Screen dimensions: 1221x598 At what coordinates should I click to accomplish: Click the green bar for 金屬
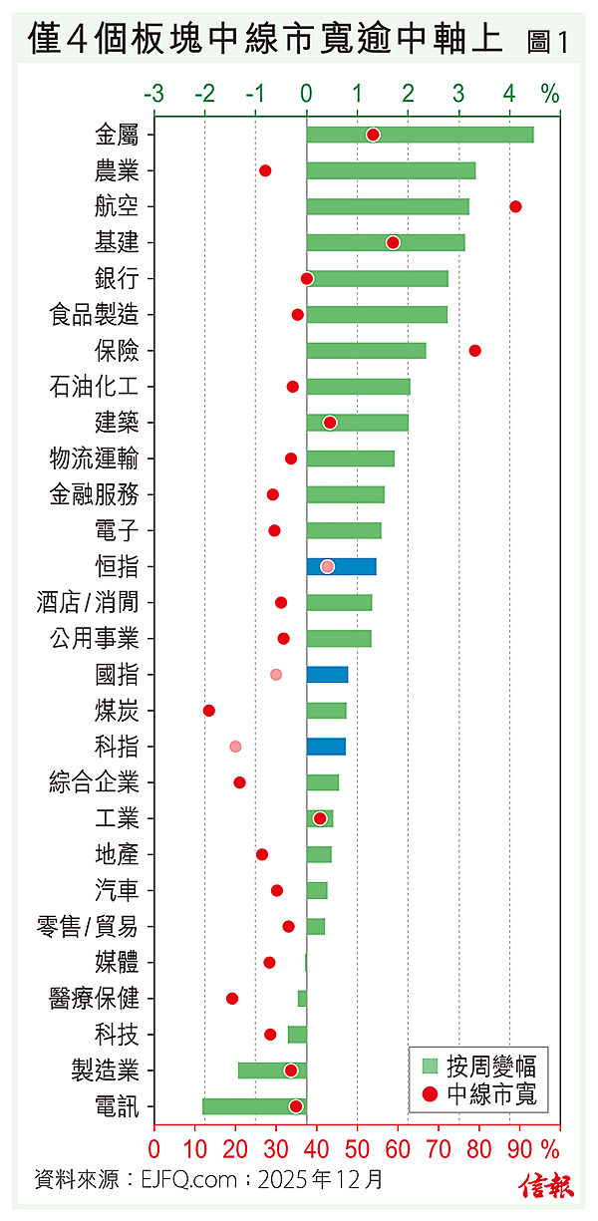420,135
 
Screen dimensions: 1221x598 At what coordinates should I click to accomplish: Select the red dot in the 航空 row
515,206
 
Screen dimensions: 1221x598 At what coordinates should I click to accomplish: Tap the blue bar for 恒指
341,566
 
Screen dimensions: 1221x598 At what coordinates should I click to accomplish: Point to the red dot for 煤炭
209,711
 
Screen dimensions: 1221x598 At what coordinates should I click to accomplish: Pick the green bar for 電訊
254,1106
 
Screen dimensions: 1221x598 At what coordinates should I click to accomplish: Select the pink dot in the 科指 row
235,747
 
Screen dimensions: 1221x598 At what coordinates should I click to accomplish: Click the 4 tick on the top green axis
509,95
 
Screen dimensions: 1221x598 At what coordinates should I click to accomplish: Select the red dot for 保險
474,351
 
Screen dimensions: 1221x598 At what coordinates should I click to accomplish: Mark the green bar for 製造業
272,1070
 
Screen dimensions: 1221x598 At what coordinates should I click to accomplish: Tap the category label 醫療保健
94,998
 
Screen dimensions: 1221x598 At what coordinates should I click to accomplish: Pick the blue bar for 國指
327,675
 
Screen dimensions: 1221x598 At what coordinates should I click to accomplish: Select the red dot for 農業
265,170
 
